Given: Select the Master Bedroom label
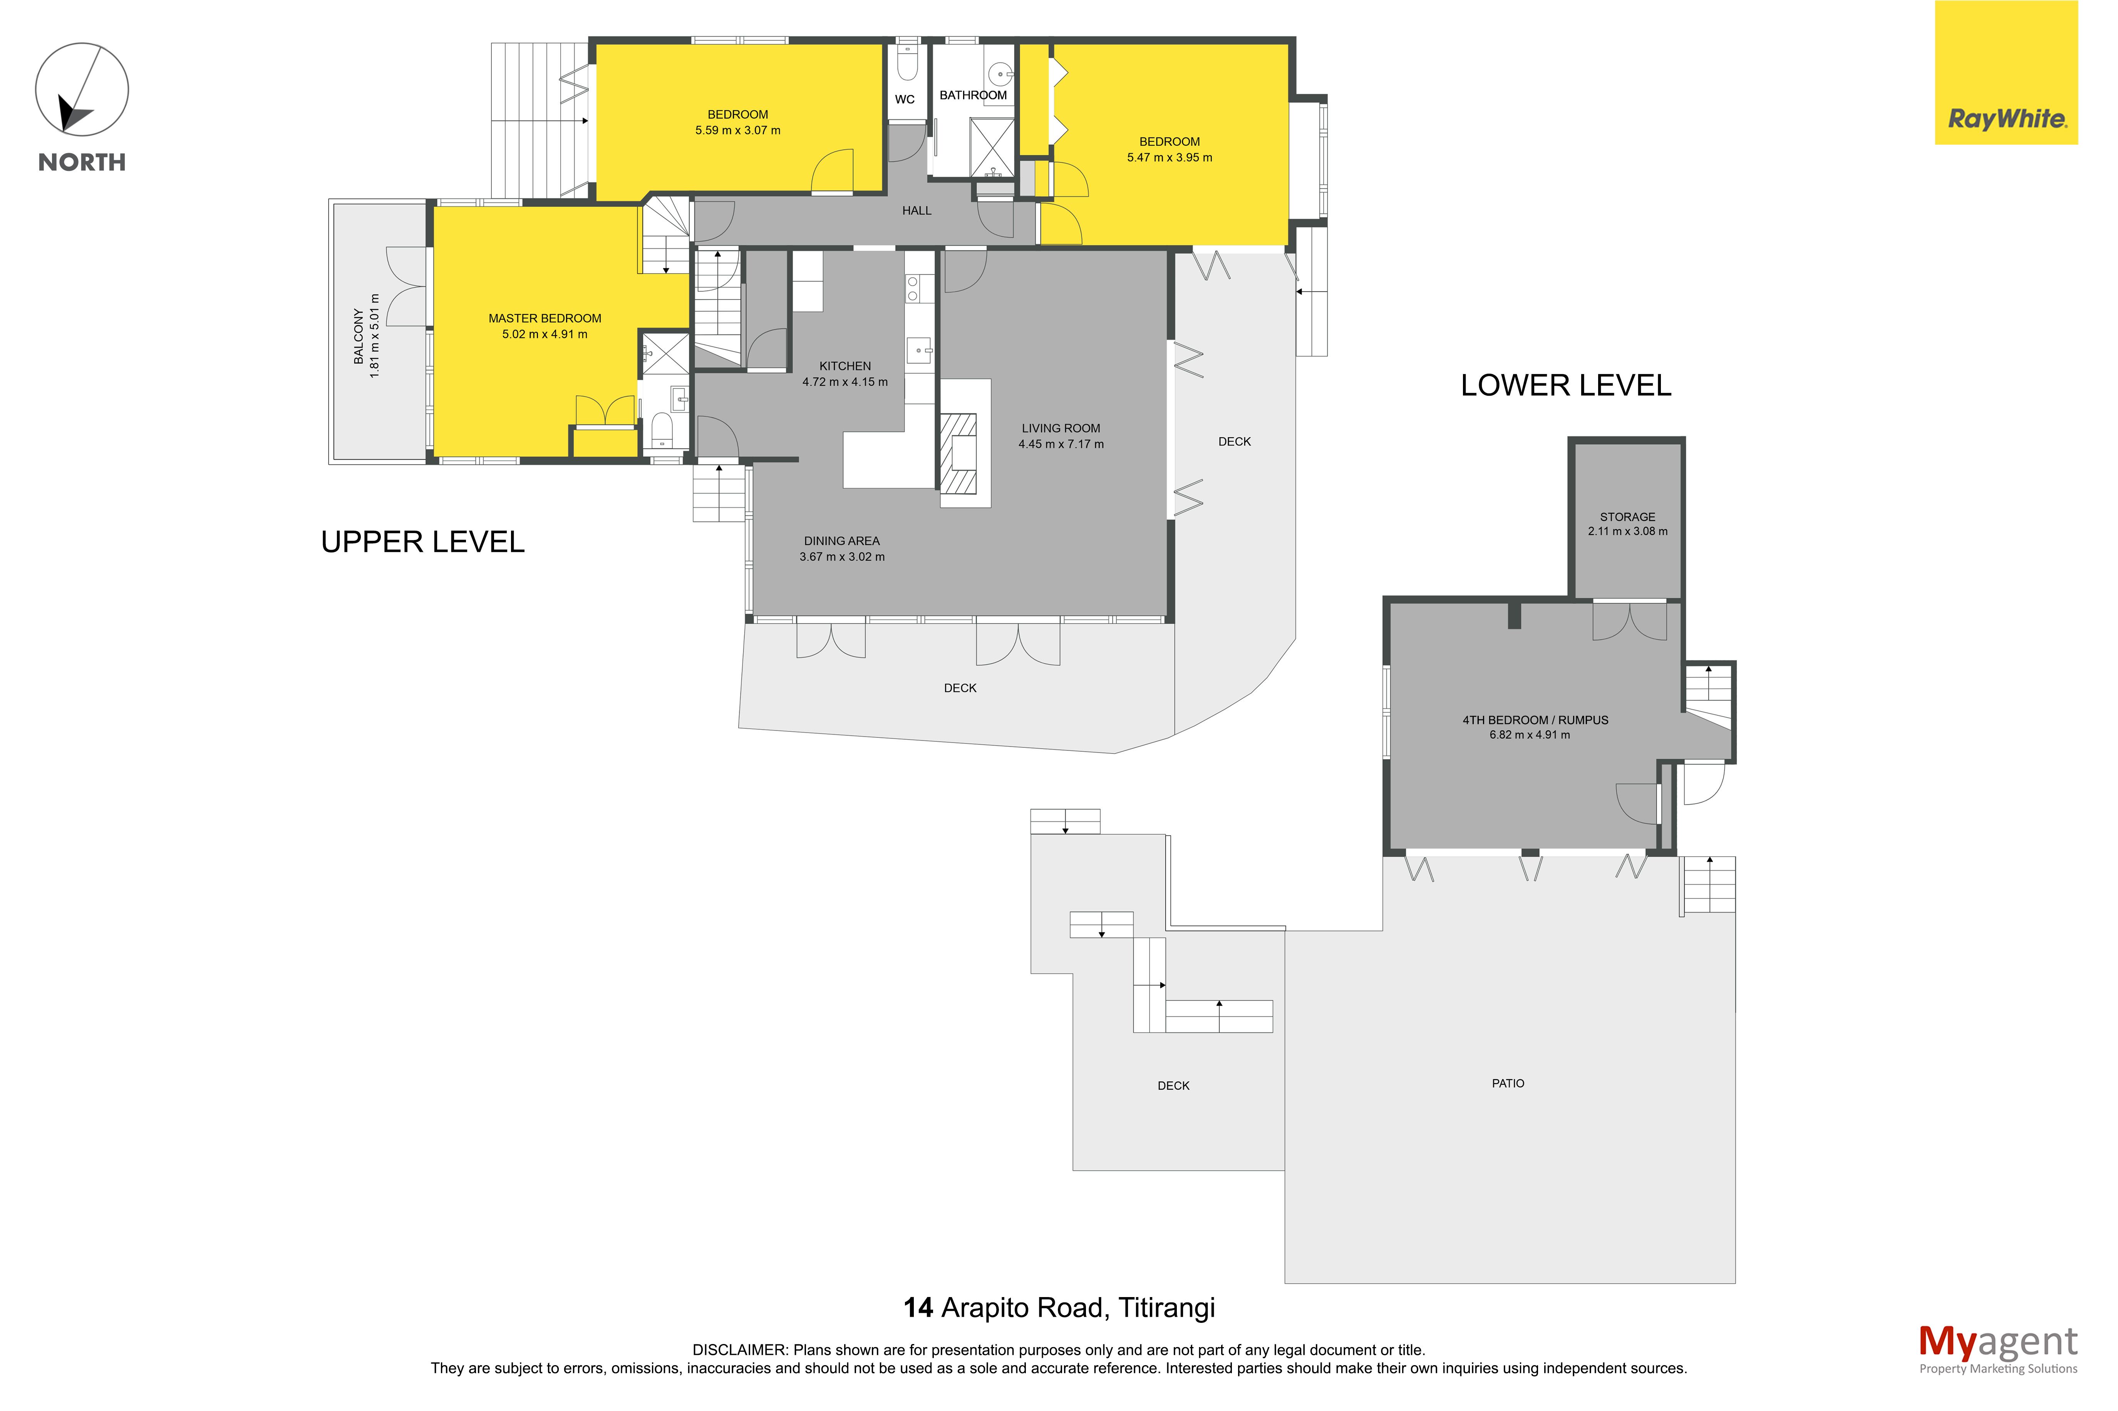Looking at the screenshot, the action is click(545, 319).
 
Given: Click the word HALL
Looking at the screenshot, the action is click(917, 211).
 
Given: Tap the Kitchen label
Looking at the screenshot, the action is click(845, 366).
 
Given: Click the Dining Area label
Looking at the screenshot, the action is click(842, 541).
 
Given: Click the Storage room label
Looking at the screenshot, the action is click(1627, 517).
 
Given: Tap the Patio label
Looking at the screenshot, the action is click(1508, 1083).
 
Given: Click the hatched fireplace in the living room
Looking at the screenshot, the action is click(958, 453).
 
